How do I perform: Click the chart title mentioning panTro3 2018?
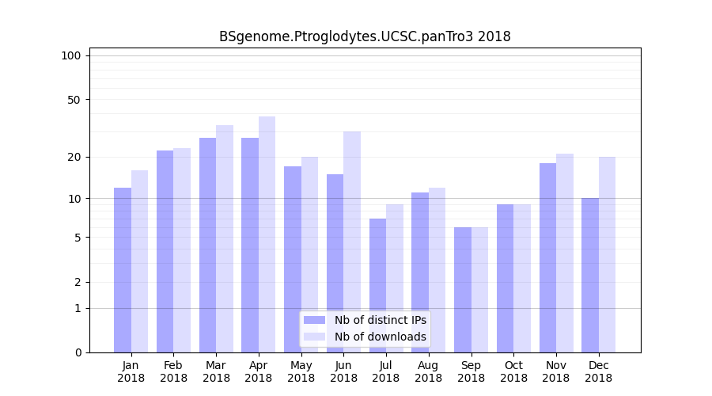[x=365, y=36]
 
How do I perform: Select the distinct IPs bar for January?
[x=123, y=270]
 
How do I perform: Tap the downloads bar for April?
[x=267, y=234]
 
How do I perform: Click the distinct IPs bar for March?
[x=207, y=245]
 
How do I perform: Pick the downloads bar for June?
[x=352, y=242]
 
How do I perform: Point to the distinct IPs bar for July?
[x=377, y=285]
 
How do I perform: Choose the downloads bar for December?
[x=607, y=254]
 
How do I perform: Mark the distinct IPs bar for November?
[x=547, y=257]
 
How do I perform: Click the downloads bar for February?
[x=182, y=250]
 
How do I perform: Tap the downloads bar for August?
[x=437, y=270]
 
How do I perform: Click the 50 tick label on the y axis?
[x=74, y=100]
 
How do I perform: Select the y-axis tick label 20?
[x=74, y=157]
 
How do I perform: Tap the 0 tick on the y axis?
[x=77, y=352]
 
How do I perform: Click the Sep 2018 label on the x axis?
[x=471, y=371]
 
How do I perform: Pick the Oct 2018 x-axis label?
[x=513, y=371]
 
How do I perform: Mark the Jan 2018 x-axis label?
[x=131, y=371]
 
